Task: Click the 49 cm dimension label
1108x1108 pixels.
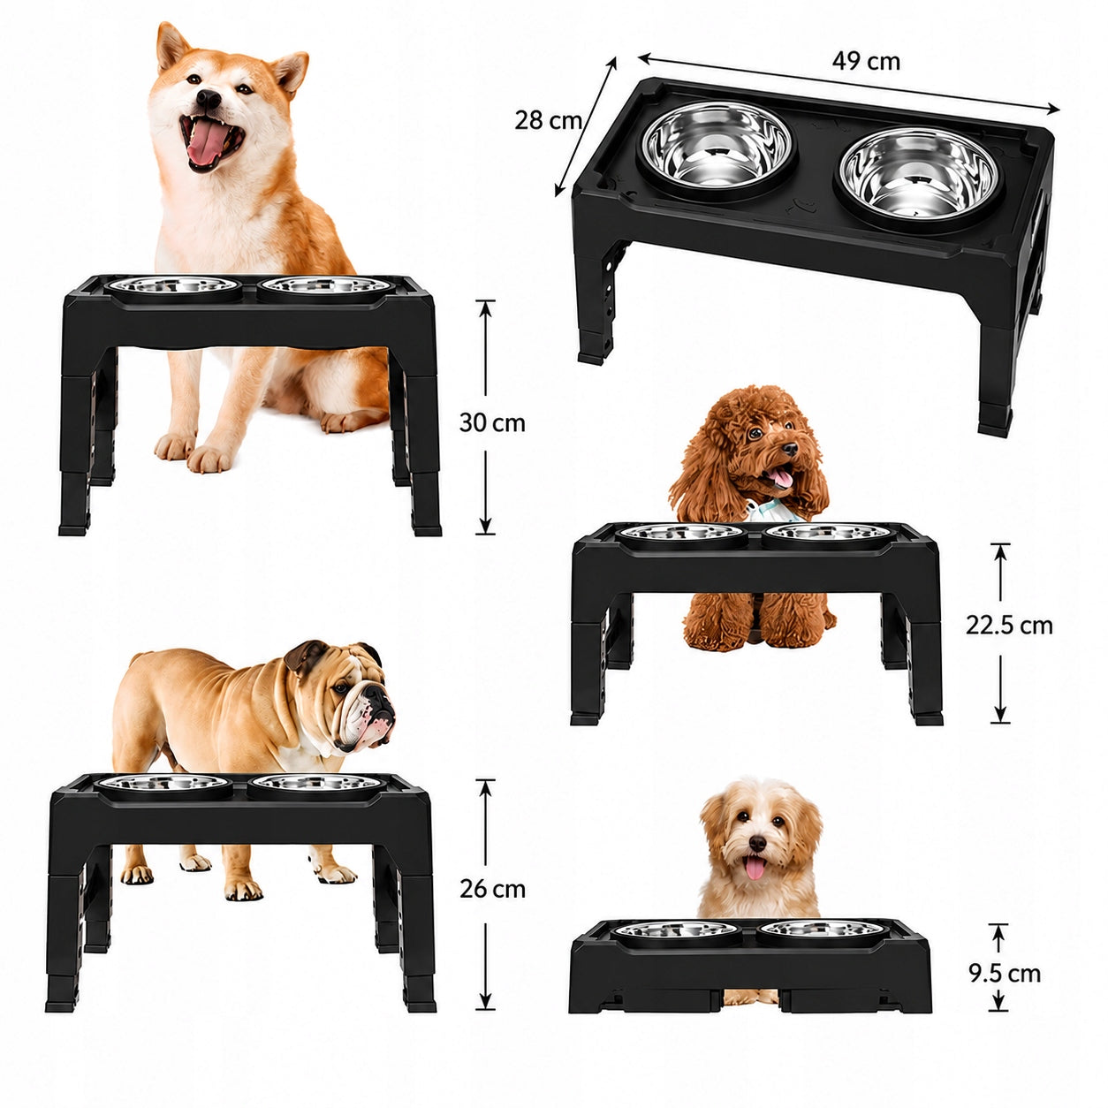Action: click(x=865, y=62)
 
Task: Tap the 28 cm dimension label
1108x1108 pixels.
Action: click(x=548, y=121)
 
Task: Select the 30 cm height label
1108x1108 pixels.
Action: click(x=492, y=423)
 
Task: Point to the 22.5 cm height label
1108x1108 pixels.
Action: click(x=1009, y=625)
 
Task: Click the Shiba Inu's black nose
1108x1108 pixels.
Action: click(x=209, y=99)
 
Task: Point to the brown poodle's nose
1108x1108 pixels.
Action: click(x=790, y=449)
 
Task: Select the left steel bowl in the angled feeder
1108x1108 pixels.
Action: click(x=717, y=149)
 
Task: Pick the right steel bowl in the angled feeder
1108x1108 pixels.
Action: click(x=918, y=179)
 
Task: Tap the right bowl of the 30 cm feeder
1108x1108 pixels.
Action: click(x=323, y=286)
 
